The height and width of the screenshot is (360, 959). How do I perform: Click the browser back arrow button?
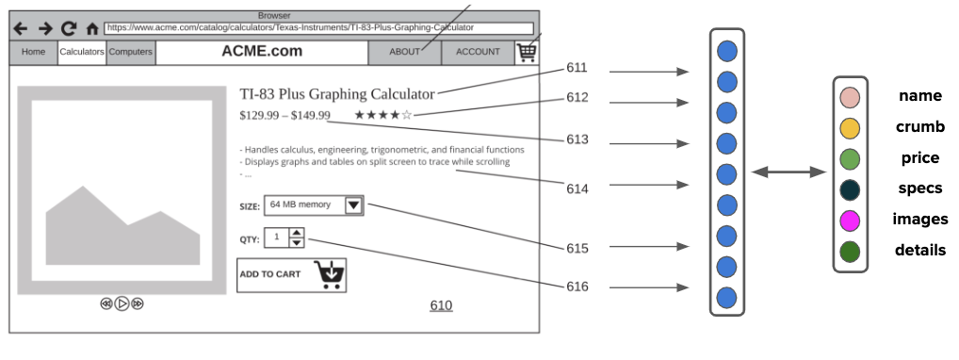click(21, 28)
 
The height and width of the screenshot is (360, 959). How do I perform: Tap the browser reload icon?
click(69, 28)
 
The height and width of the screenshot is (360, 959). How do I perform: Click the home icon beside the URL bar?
click(92, 29)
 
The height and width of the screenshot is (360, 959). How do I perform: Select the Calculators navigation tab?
click(82, 52)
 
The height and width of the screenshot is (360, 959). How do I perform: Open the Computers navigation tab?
click(130, 52)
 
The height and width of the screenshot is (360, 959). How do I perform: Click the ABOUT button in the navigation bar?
click(404, 52)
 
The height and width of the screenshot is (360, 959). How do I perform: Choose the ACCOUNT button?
click(478, 52)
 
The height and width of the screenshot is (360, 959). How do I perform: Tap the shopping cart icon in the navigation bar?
click(527, 53)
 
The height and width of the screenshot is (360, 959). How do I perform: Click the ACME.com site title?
click(262, 52)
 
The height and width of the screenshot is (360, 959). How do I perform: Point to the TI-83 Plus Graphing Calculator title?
click(337, 94)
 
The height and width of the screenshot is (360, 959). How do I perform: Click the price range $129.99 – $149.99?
click(285, 115)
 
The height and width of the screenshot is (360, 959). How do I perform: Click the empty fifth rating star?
click(407, 114)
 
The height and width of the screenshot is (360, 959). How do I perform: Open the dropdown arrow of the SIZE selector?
click(354, 205)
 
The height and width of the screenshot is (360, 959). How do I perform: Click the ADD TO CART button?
click(292, 275)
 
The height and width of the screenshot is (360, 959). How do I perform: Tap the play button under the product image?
click(122, 303)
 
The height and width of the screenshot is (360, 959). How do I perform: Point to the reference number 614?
click(577, 189)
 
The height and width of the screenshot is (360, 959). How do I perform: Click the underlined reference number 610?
click(441, 305)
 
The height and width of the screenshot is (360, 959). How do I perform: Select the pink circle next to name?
click(850, 98)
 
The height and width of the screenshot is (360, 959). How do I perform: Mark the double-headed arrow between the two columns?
click(788, 172)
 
